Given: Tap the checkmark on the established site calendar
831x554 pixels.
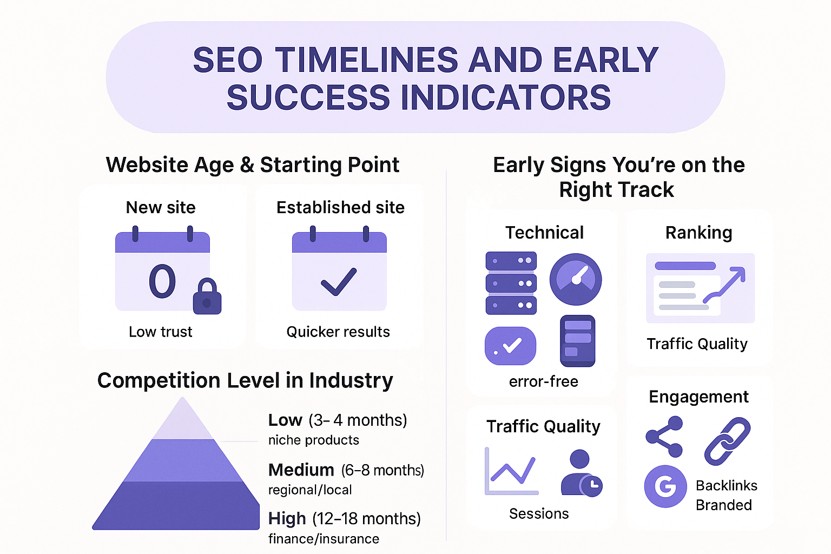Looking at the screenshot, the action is click(338, 282).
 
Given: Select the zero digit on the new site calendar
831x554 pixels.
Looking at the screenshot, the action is click(162, 281).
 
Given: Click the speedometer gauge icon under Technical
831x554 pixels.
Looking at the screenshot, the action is click(576, 279).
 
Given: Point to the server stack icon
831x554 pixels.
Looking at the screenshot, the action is click(511, 283).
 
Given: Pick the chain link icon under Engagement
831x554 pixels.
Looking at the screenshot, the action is click(727, 441).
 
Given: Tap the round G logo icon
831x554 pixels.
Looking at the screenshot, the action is click(665, 486).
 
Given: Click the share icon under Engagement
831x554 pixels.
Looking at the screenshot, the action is click(664, 437).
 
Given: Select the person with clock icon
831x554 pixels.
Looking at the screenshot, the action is click(582, 473).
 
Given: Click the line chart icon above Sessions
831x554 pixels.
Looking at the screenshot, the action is click(511, 471).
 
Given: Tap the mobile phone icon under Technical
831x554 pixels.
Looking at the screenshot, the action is click(577, 341).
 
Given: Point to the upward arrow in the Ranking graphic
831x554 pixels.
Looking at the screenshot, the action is click(724, 285).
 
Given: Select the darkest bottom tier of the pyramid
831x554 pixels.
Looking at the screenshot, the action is click(176, 505).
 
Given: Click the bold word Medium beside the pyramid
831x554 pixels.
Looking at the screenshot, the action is click(301, 470).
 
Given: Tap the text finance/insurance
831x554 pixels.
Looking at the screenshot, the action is click(324, 538).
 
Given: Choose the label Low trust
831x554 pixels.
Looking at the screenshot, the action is click(160, 332).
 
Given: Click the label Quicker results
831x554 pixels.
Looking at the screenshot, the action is click(338, 332).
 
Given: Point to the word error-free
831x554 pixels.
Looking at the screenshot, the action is click(544, 381).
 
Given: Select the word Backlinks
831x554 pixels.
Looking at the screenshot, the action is click(727, 485).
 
